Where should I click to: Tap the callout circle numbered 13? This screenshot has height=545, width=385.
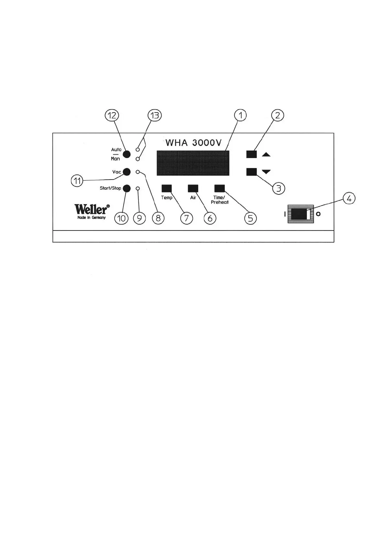[155, 116]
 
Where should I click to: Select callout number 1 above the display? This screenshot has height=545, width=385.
[240, 115]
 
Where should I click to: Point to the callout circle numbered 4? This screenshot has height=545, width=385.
[349, 199]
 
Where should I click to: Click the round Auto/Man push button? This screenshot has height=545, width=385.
[126, 154]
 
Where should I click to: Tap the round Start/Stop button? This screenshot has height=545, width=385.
[126, 188]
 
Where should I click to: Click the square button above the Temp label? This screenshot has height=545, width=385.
[167, 188]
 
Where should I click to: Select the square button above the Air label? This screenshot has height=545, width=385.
[193, 188]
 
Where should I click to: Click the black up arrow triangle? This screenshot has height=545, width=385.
[266, 155]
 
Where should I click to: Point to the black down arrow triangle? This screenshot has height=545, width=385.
[266, 172]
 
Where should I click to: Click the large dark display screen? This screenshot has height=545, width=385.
[193, 163]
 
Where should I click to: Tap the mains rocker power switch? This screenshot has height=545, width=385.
[301, 214]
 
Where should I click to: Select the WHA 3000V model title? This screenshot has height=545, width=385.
[193, 143]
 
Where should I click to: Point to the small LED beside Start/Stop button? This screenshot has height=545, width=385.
[138, 188]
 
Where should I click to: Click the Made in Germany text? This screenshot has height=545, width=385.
[92, 217]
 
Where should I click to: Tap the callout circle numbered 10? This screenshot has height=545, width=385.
[121, 218]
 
